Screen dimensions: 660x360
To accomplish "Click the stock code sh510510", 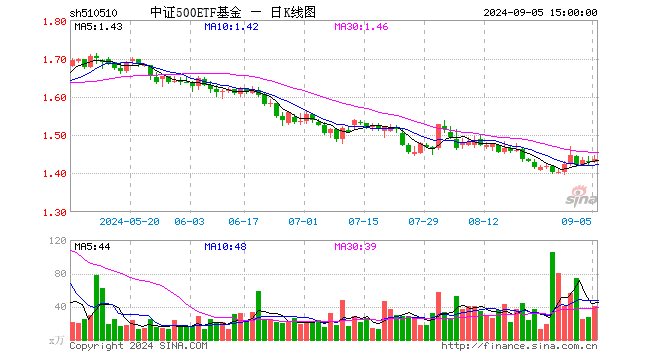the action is [x=93, y=13].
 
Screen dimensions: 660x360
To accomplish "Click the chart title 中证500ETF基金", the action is [x=196, y=13].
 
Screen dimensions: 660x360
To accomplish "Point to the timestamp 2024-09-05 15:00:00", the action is [x=540, y=13].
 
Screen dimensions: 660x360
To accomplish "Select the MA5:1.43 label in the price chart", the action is [x=98, y=27].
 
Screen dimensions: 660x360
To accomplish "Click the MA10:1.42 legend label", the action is [x=232, y=27].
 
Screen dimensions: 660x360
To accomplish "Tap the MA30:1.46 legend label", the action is [x=361, y=27].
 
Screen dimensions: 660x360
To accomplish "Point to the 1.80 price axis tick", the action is [x=55, y=21].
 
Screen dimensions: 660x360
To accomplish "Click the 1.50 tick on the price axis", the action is [x=55, y=136].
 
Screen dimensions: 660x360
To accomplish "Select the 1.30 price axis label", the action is [x=55, y=213].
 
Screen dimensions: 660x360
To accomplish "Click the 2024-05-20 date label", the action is [x=130, y=221].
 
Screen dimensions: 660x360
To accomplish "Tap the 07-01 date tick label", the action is [x=303, y=221].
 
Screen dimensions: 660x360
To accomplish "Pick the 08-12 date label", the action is [x=483, y=221].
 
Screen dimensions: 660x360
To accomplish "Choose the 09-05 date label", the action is [x=576, y=221].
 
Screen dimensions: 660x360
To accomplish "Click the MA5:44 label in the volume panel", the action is [x=92, y=246].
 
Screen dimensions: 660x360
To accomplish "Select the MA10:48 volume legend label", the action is [x=225, y=246].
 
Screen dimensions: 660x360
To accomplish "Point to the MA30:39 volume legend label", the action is [x=355, y=246].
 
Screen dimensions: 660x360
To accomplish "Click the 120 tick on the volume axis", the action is [x=58, y=241].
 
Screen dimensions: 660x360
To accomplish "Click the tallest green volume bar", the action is [x=553, y=296].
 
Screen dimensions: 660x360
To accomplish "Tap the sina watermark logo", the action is [x=581, y=197].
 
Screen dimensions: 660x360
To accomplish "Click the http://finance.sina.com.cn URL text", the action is [x=519, y=346].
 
